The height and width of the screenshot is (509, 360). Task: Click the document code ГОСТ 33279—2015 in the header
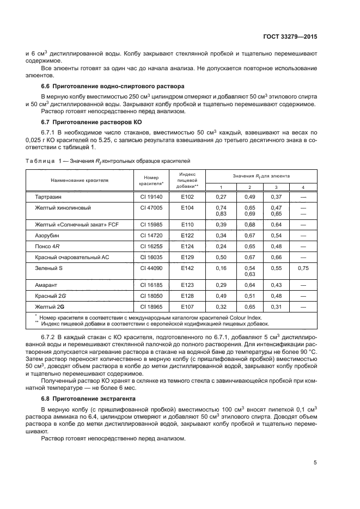click(x=292, y=37)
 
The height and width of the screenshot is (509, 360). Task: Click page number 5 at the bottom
click(x=315, y=463)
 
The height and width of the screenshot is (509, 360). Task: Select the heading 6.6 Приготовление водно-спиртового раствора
click(x=113, y=86)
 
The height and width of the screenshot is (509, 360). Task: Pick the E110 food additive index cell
click(x=187, y=225)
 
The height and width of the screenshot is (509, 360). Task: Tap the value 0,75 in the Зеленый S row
click(x=303, y=268)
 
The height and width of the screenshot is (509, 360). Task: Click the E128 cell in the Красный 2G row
click(x=187, y=296)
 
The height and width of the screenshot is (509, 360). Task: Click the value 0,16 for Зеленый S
click(x=221, y=268)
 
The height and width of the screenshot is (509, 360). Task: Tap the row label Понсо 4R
click(x=47, y=246)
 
